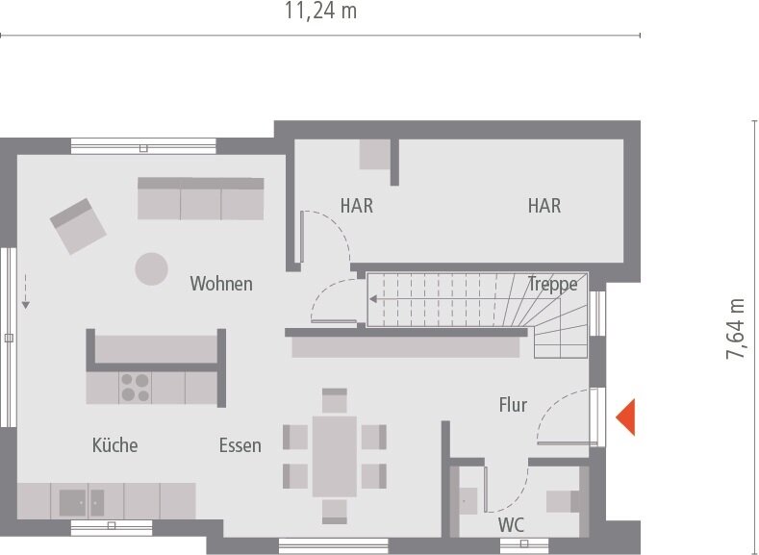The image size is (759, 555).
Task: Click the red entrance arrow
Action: [625, 416]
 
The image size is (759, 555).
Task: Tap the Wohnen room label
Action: [221, 284]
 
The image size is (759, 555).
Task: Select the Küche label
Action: [114, 445]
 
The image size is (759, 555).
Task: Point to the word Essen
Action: [240, 445]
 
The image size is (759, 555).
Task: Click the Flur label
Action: [513, 405]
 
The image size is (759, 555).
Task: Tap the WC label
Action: [511, 526]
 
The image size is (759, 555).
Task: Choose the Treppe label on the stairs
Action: [553, 284]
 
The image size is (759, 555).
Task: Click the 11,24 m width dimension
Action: [320, 12]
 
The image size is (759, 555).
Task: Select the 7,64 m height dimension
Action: [737, 328]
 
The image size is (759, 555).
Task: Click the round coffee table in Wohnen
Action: [151, 268]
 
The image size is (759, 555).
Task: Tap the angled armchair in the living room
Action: [78, 226]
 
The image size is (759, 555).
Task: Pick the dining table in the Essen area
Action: [334, 455]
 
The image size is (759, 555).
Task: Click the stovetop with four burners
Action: [136, 387]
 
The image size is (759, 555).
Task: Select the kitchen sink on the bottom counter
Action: [83, 502]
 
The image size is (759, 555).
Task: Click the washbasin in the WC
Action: [468, 499]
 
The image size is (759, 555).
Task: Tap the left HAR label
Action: [356, 206]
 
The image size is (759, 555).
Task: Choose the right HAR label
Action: [544, 206]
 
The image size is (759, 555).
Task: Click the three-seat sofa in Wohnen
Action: [200, 198]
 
